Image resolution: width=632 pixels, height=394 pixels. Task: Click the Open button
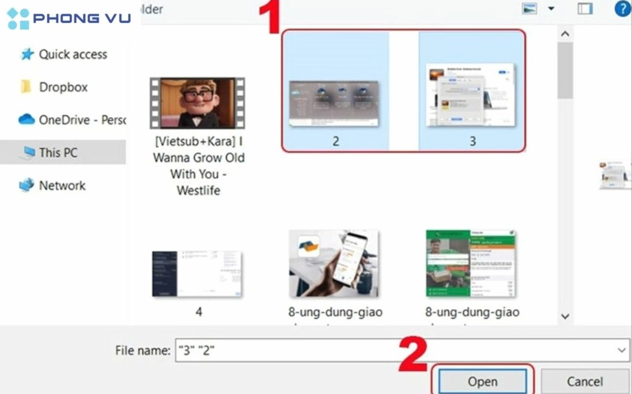(483, 381)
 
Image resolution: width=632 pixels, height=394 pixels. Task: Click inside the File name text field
(397, 351)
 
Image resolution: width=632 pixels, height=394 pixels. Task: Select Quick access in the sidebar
(72, 55)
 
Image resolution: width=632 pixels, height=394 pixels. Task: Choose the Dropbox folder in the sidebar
(63, 87)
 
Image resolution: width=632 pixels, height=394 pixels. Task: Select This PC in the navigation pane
(58, 152)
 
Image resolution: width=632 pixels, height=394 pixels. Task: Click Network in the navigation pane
(62, 185)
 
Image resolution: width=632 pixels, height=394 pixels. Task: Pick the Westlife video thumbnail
(198, 103)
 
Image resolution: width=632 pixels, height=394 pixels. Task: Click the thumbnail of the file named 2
(335, 103)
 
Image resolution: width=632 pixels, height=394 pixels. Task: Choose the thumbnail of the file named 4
(198, 273)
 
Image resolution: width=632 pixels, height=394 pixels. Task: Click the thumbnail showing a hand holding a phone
(334, 263)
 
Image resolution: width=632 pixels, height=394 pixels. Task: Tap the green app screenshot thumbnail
(472, 263)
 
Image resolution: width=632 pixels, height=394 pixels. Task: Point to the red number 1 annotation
(269, 17)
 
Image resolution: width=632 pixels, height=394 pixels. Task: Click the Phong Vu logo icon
(18, 19)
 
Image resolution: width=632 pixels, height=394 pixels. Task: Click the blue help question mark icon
(621, 9)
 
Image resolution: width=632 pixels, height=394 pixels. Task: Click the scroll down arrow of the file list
(564, 316)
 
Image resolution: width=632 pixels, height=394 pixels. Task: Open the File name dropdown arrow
(622, 351)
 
